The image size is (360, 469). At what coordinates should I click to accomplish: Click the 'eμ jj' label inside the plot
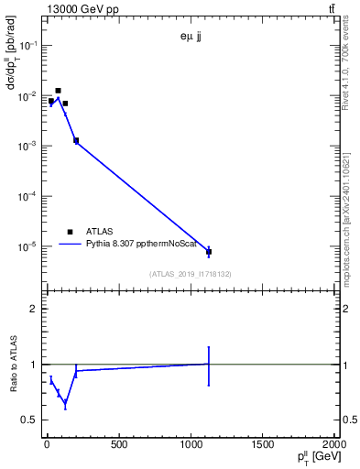pos(191,38)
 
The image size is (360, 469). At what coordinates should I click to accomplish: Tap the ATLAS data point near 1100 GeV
pos(209,251)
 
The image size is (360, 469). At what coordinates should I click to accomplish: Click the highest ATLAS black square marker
pos(58,91)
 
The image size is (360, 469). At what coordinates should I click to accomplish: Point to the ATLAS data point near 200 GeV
pos(76,140)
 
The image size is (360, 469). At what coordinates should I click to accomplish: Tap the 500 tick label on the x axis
pos(118,446)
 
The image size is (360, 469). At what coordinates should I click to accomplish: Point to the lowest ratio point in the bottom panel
pos(65,403)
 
